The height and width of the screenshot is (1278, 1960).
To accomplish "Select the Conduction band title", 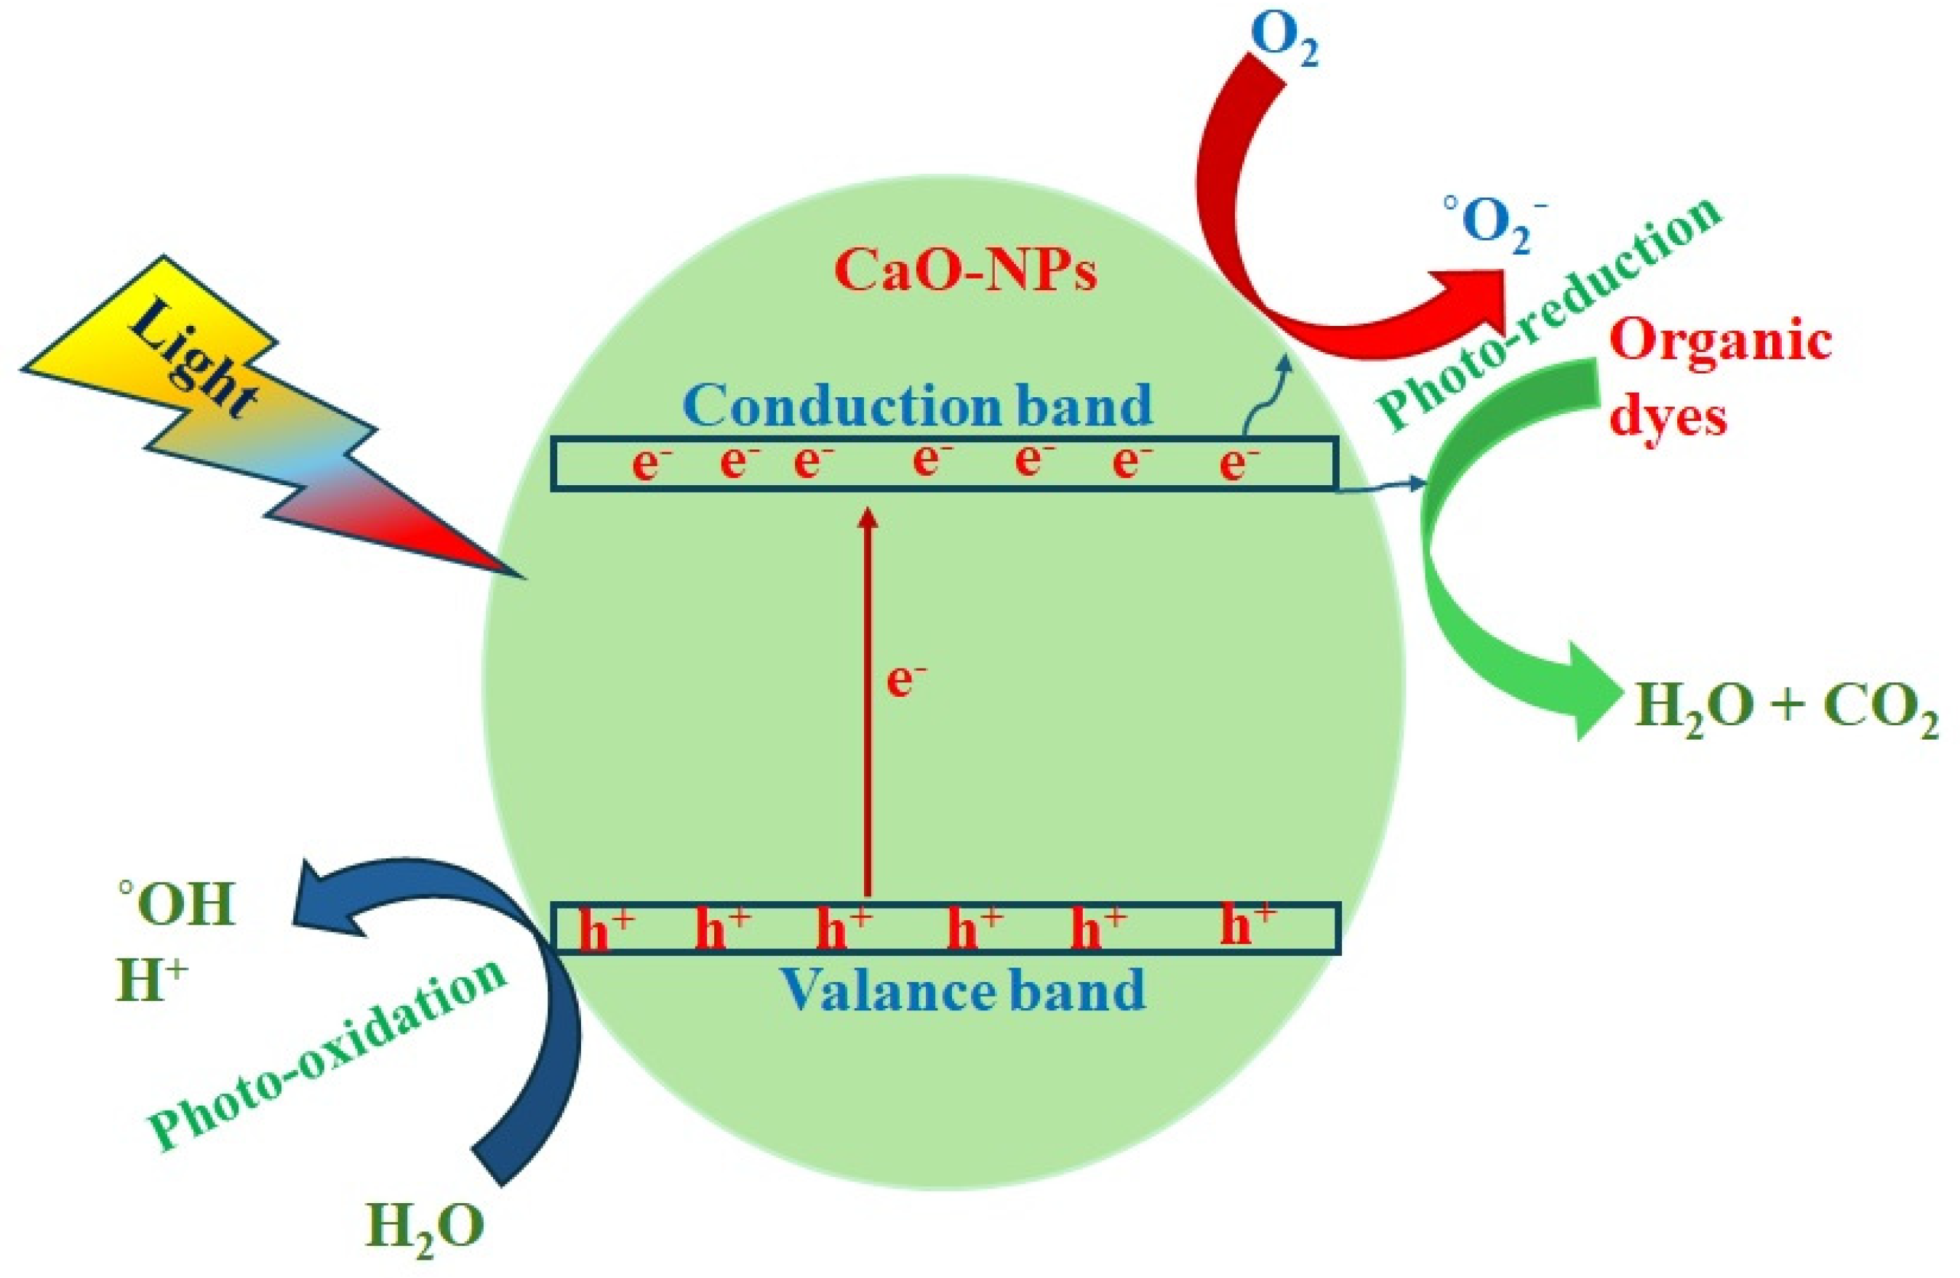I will pyautogui.click(x=916, y=404).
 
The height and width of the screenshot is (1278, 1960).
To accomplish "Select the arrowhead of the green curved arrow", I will pyautogui.click(x=1589, y=692).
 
